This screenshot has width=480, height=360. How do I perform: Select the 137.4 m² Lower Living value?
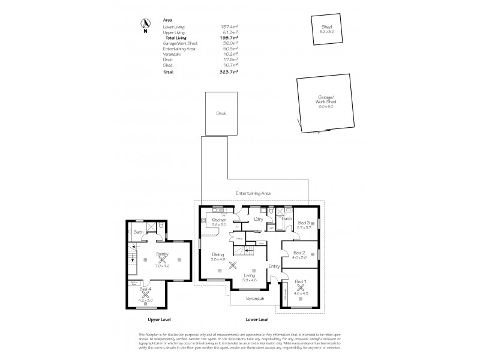(x=229, y=27)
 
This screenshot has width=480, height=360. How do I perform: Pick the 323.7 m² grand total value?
(x=229, y=71)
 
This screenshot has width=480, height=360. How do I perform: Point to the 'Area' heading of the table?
(x=168, y=20)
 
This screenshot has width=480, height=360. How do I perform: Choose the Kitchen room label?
(x=218, y=220)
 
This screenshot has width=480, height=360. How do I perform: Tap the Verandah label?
(x=255, y=298)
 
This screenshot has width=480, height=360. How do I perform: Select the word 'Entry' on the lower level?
(x=274, y=266)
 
